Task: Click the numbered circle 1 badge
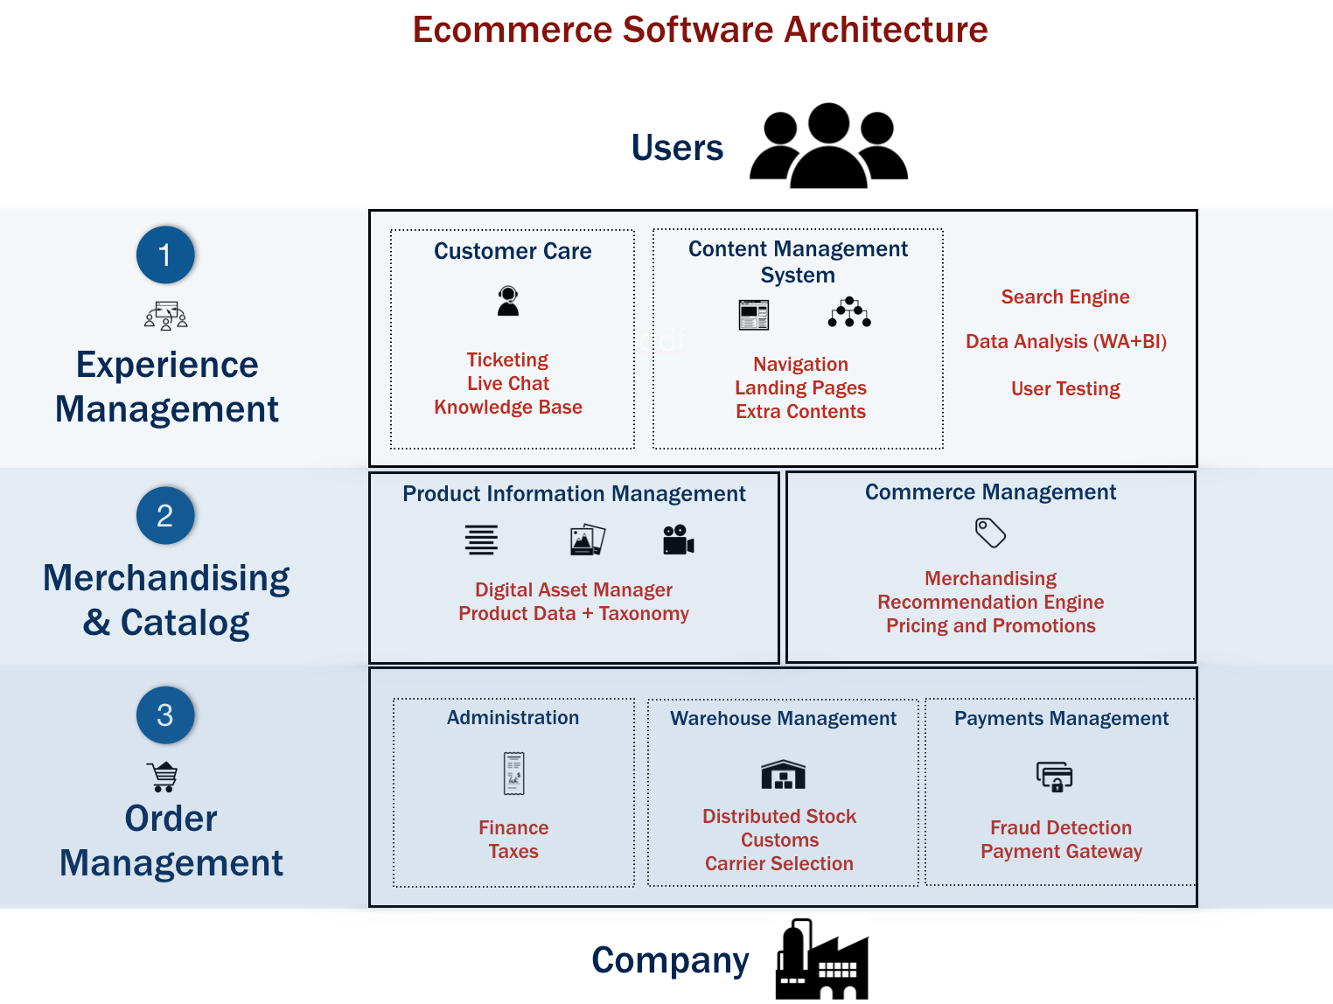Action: (x=165, y=255)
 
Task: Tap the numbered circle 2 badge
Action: (x=165, y=516)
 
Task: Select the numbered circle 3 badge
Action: (x=165, y=715)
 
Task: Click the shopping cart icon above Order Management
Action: (x=164, y=776)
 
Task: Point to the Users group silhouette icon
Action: (x=828, y=146)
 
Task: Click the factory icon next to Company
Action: (x=821, y=959)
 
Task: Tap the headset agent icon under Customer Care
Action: (x=508, y=301)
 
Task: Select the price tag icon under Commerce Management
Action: (x=990, y=533)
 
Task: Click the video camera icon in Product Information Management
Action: (x=678, y=540)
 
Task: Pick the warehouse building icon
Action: (x=783, y=774)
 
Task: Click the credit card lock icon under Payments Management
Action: (x=1054, y=776)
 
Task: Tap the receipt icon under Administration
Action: (x=513, y=773)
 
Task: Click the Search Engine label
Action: (x=1064, y=297)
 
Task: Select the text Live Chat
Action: (x=508, y=384)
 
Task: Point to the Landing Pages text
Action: (x=800, y=388)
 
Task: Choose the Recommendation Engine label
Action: (x=990, y=603)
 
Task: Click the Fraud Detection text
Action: (x=1060, y=827)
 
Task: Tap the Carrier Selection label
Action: (x=778, y=864)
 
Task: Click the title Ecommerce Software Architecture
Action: (x=700, y=30)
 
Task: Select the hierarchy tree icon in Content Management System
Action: (x=849, y=313)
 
